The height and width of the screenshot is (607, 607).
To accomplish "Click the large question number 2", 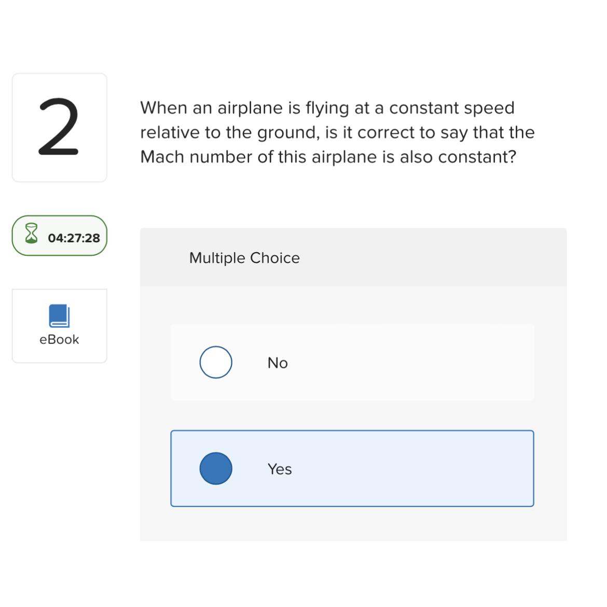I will pos(59,127).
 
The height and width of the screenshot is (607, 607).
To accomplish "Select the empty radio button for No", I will pos(216,362).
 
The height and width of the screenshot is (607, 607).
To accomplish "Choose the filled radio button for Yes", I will pos(216,468).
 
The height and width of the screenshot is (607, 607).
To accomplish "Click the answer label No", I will pos(278,363).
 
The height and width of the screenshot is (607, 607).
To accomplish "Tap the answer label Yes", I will pos(280,469).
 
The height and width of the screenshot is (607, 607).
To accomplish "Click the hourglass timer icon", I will pos(32,234).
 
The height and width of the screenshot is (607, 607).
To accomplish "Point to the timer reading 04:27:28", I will pos(74,238).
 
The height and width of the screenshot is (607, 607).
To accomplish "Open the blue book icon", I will pos(59,315).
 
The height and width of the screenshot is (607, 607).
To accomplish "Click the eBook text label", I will pos(59,340).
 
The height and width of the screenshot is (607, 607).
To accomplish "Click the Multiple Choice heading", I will pos(244,258).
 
